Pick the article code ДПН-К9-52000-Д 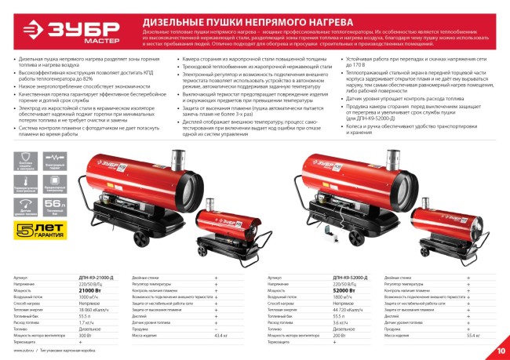point(349,278)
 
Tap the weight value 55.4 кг point(472,335)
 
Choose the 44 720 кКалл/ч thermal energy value point(348,310)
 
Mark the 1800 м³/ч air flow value point(343,296)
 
